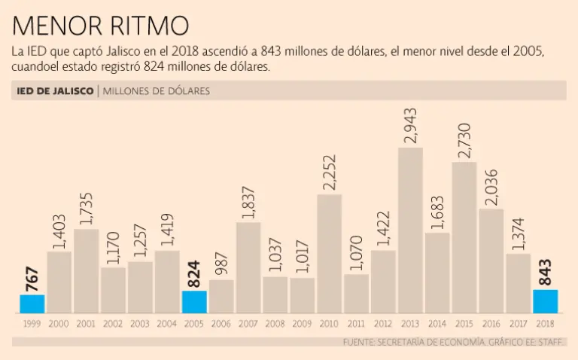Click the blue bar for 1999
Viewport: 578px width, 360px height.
[32, 304]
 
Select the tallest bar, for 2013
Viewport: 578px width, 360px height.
[410, 230]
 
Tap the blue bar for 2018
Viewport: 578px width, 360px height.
[545, 301]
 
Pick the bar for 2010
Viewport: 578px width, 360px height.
[329, 253]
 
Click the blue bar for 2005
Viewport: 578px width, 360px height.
[194, 302]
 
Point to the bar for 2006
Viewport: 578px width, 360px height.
[221, 296]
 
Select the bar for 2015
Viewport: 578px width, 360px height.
[464, 237]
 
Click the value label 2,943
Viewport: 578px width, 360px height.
[411, 126]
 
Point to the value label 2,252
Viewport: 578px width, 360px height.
[330, 172]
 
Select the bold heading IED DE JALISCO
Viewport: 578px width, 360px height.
[54, 91]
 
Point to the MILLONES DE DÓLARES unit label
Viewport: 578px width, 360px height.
[156, 91]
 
